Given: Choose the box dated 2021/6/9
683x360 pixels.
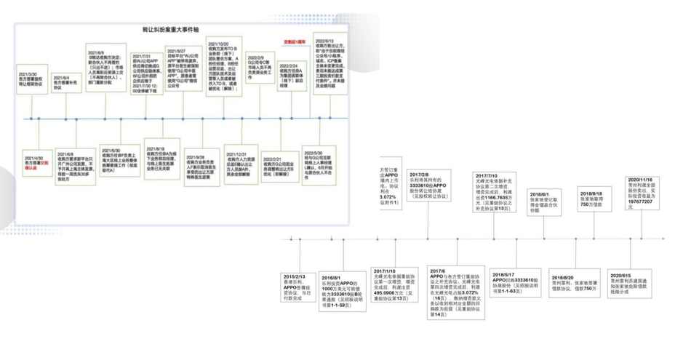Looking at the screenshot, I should point(105,69).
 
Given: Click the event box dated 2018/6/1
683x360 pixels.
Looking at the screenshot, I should point(545,201).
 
